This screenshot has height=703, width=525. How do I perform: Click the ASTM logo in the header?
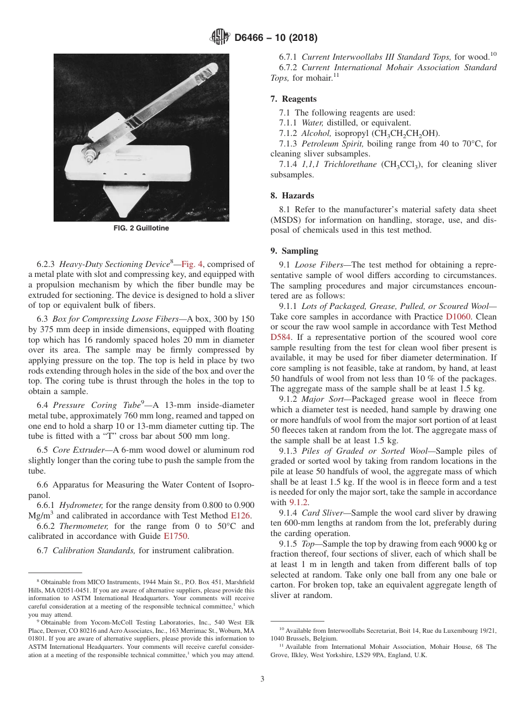pos(220,38)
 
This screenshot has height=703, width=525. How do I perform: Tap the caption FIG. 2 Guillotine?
pos(141,228)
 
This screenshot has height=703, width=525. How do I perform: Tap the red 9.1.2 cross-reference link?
pos(299,502)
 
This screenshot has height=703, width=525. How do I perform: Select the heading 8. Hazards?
pos(292,196)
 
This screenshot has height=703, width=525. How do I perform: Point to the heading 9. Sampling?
pos(294,250)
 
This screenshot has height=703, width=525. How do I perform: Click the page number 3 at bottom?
pos(262,679)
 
